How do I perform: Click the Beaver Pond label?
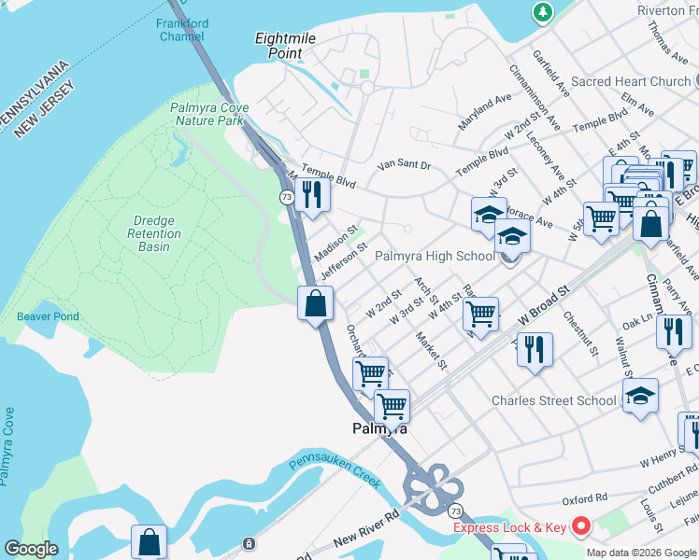coord(48,316)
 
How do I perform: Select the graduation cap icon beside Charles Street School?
coord(641,396)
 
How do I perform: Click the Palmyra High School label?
coord(435,256)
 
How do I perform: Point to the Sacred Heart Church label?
coord(630,81)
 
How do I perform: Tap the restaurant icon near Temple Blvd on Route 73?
coord(312,194)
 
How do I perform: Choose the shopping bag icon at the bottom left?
coord(149,540)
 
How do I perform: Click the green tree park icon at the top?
coord(541,12)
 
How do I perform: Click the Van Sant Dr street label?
coord(404,165)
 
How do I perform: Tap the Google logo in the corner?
coord(30,549)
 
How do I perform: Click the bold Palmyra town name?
coord(379,429)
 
